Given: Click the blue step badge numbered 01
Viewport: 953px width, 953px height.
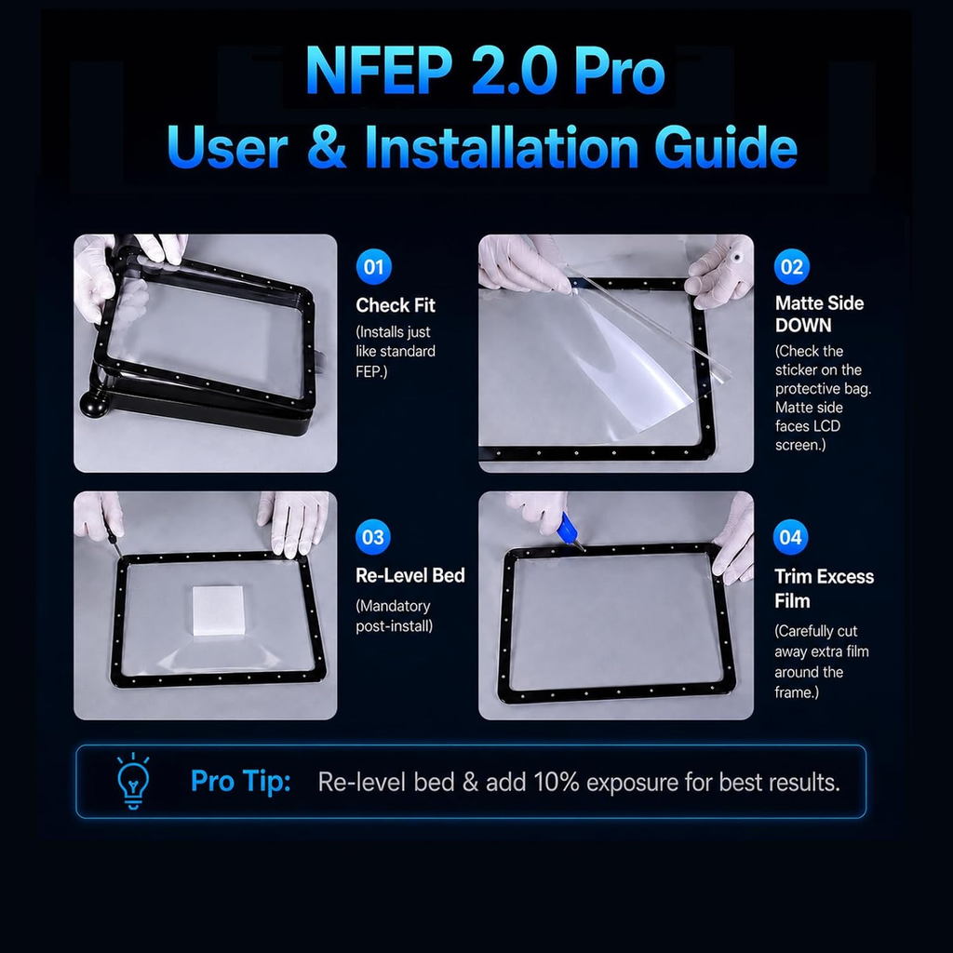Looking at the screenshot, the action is tap(373, 266).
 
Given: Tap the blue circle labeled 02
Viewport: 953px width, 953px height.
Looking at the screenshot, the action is tap(791, 266).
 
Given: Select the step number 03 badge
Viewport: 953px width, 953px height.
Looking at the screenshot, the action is tap(372, 537).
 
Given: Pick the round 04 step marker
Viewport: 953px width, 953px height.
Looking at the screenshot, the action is tap(790, 537).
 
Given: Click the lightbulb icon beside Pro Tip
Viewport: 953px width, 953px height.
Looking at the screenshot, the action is tap(133, 781).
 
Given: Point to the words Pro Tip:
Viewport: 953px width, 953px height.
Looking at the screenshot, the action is tap(241, 781).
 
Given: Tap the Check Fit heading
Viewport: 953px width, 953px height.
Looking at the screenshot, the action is tap(395, 305).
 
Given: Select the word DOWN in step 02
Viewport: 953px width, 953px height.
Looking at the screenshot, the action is tap(803, 325).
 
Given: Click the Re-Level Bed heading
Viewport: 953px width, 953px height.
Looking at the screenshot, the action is tap(410, 575).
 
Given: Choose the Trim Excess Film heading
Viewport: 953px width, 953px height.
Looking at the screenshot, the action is tap(824, 588).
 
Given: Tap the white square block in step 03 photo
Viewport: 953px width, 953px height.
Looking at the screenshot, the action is tap(218, 611).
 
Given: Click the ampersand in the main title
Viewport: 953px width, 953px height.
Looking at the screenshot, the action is tap(327, 147).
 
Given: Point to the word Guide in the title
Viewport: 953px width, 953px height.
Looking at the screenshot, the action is tap(726, 147).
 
